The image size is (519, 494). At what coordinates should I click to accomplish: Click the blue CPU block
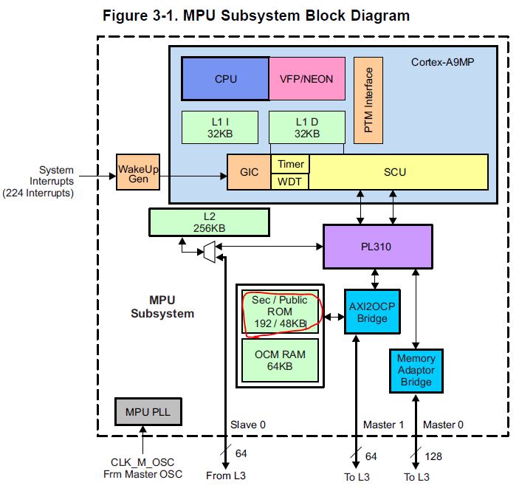[x=225, y=79]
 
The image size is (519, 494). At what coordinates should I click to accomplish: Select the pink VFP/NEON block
[x=307, y=79]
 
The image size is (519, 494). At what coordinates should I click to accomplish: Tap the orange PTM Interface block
[x=368, y=100]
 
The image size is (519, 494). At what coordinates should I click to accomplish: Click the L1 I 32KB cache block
[x=220, y=127]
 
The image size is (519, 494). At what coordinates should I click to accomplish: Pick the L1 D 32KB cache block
[x=306, y=127]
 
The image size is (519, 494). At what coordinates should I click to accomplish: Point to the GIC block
[x=249, y=173]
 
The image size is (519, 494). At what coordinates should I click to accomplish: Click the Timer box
[x=290, y=164]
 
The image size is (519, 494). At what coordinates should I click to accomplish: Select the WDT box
[x=290, y=182]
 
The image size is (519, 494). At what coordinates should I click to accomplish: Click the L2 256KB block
[x=209, y=222]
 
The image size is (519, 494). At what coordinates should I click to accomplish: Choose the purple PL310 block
[x=377, y=247]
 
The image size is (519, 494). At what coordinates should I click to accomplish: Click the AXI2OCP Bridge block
[x=372, y=311]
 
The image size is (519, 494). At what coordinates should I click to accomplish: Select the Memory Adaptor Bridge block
[x=416, y=371]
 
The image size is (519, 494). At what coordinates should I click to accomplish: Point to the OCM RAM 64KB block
[x=281, y=360]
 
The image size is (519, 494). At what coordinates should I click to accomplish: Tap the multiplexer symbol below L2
[x=209, y=253]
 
